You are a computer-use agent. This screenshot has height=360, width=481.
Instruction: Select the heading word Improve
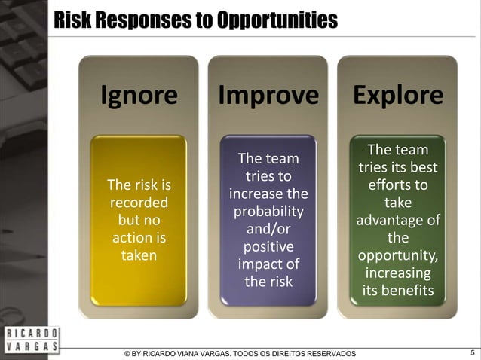click(268, 96)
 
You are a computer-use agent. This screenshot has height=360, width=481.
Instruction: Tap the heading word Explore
click(397, 96)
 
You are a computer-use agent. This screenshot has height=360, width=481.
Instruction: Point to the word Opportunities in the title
click(277, 20)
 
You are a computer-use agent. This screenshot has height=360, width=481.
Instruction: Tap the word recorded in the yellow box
click(139, 203)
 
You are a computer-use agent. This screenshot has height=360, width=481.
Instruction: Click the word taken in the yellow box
click(139, 255)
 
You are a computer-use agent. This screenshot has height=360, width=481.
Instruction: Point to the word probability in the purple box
click(268, 212)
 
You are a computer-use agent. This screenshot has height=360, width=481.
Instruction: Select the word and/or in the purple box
click(268, 229)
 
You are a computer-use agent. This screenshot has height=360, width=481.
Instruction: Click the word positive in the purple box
click(268, 247)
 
